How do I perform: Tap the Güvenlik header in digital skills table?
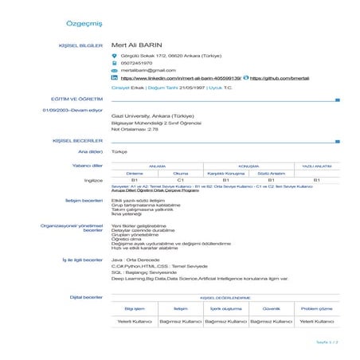(x=272, y=308)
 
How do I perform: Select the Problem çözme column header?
(x=316, y=308)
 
